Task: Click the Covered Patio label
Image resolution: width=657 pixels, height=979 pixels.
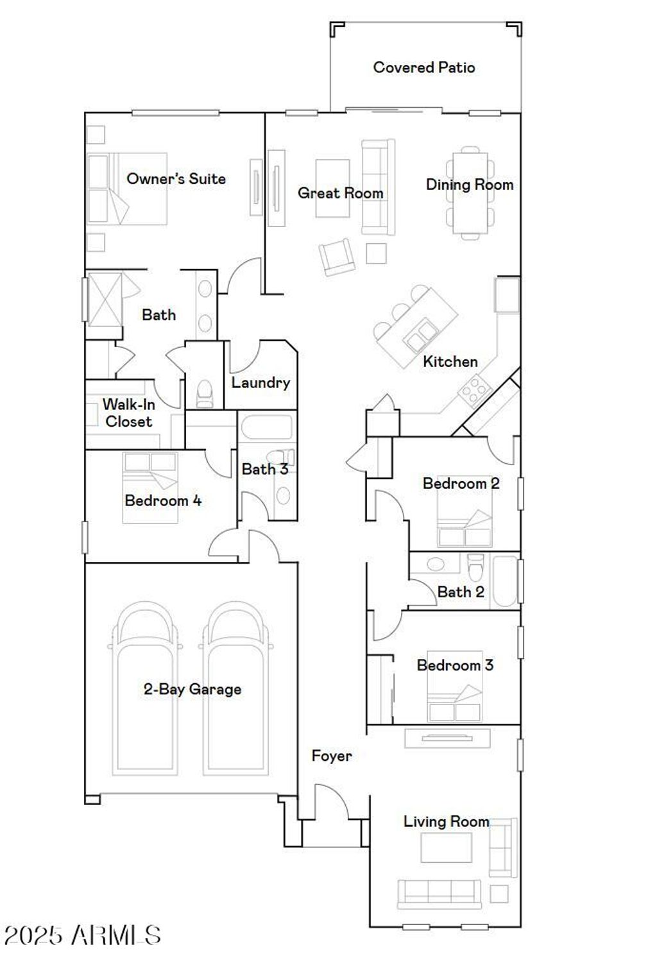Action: pos(423,67)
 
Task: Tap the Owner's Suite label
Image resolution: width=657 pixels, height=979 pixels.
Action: pos(176,178)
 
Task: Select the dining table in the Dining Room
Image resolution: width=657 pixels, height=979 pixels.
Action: pos(470,192)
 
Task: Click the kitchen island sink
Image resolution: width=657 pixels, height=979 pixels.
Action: pos(418,336)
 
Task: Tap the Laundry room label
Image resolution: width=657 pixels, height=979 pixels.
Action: pos(260,383)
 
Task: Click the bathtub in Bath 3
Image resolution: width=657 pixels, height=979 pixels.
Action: pos(267,427)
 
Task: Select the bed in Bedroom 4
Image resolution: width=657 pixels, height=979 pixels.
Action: pos(150,488)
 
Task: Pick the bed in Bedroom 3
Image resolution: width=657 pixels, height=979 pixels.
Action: pos(455,686)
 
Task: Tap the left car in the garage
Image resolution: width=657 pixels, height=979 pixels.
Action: pos(145,689)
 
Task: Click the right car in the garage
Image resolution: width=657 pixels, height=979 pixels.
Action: pos(236,689)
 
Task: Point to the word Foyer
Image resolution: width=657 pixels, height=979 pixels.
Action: pos(332,756)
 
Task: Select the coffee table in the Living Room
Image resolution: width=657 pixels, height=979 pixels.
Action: pos(447,847)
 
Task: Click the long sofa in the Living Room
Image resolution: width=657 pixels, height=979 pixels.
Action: pos(439,894)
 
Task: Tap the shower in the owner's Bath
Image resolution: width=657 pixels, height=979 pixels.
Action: pos(105,300)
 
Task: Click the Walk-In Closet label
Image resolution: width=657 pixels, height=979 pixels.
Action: pos(129,413)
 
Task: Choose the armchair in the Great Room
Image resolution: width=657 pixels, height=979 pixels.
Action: pos(337,257)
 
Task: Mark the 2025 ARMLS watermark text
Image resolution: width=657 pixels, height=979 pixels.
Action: pos(81,935)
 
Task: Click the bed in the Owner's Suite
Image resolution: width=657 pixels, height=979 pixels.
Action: pos(128,189)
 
